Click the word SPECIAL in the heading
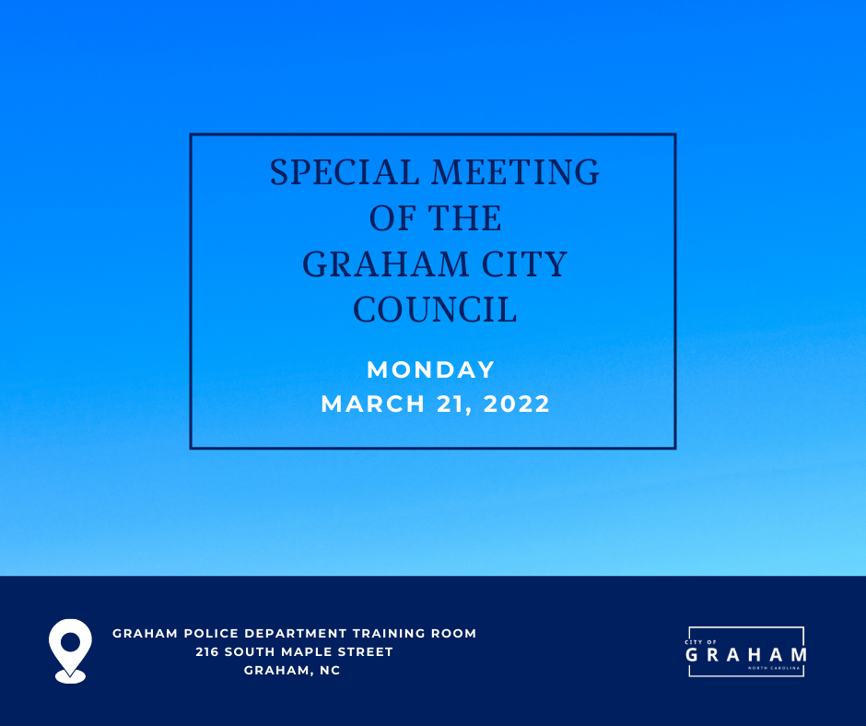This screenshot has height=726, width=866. [345, 172]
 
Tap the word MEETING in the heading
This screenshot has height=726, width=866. [515, 172]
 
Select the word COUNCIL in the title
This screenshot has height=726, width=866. [435, 310]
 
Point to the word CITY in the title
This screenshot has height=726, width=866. [524, 263]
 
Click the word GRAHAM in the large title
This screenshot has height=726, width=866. [385, 263]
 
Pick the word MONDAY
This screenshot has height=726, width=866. [431, 369]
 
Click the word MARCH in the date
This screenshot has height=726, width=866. [373, 404]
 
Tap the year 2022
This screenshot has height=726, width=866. [517, 404]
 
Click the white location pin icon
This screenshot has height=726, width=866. [70, 650]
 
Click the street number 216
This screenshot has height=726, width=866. [207, 651]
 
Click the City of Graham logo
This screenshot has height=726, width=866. [746, 652]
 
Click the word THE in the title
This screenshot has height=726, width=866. [464, 217]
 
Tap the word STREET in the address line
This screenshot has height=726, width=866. [366, 651]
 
